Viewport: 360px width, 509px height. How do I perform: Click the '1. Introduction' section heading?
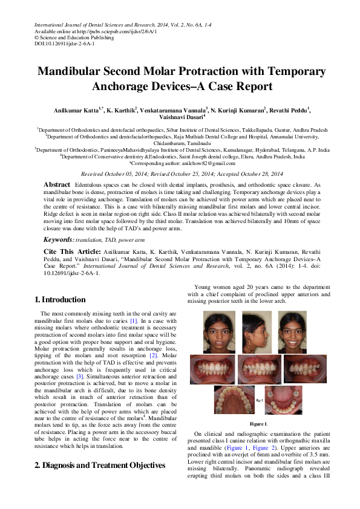tap(60, 299)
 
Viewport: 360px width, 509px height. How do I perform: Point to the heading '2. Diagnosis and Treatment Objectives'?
tap(100, 465)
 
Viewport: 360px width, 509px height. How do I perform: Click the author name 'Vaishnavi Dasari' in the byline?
tap(180, 118)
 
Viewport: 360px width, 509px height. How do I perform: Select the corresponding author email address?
tap(209, 163)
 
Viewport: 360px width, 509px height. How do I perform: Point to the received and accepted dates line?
tap(180, 173)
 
